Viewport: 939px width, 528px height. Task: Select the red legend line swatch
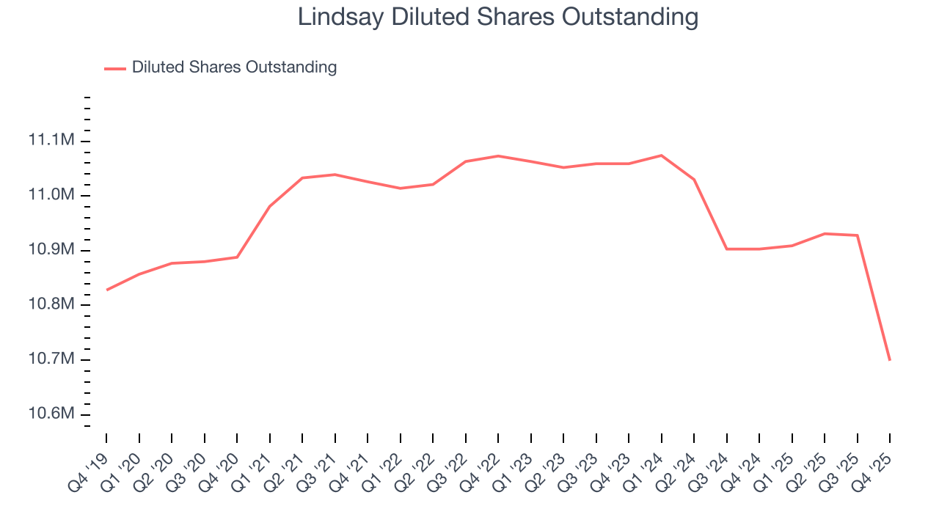(115, 68)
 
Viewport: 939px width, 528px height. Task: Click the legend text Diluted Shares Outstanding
(234, 67)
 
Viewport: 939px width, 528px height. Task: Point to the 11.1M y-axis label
(51, 140)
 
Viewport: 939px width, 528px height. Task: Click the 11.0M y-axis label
(51, 195)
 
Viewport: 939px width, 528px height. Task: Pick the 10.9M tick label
(51, 250)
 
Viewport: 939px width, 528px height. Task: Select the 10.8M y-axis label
(51, 304)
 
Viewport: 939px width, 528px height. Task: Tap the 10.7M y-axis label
(51, 359)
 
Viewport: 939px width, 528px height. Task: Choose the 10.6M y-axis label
(51, 414)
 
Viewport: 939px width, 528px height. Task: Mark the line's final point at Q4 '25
(890, 360)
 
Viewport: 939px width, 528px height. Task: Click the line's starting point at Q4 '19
(106, 290)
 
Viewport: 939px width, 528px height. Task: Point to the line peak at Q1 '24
(662, 155)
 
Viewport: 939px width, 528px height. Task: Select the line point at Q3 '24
(727, 249)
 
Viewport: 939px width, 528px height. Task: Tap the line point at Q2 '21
(302, 177)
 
